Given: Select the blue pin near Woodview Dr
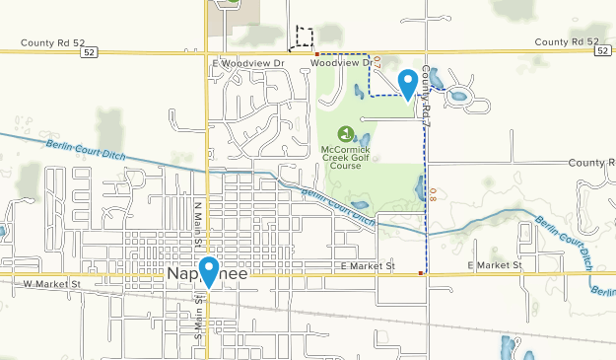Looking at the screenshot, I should click(x=406, y=82).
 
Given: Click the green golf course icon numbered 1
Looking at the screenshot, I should click(x=345, y=133).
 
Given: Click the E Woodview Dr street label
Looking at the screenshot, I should click(x=247, y=62).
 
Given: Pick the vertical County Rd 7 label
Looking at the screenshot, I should click(x=428, y=96).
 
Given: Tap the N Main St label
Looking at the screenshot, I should click(x=198, y=224).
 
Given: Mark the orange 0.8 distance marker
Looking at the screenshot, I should click(x=433, y=193).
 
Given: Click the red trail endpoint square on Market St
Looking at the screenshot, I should click(x=422, y=273).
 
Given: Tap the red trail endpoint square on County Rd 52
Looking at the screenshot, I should click(x=316, y=52).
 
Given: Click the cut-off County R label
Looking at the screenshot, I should click(x=591, y=162).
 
